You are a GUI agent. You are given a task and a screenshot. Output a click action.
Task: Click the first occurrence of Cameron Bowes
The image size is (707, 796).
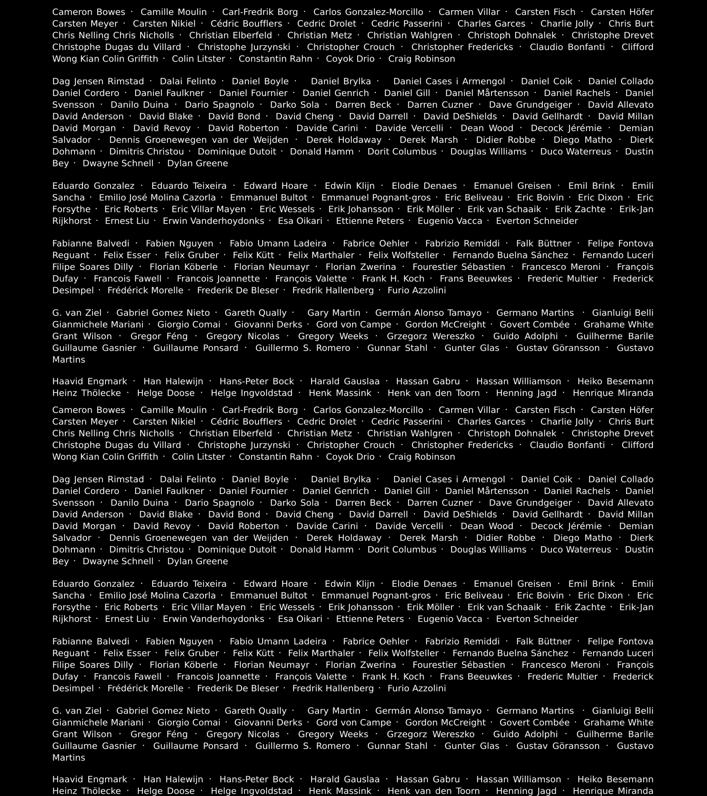point(89,12)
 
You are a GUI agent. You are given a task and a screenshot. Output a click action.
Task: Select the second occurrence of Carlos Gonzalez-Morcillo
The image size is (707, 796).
point(368,410)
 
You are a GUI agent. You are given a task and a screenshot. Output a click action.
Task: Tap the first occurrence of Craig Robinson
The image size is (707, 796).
point(421,59)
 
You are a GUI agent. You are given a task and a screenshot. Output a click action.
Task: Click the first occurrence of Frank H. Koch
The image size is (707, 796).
point(393,278)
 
